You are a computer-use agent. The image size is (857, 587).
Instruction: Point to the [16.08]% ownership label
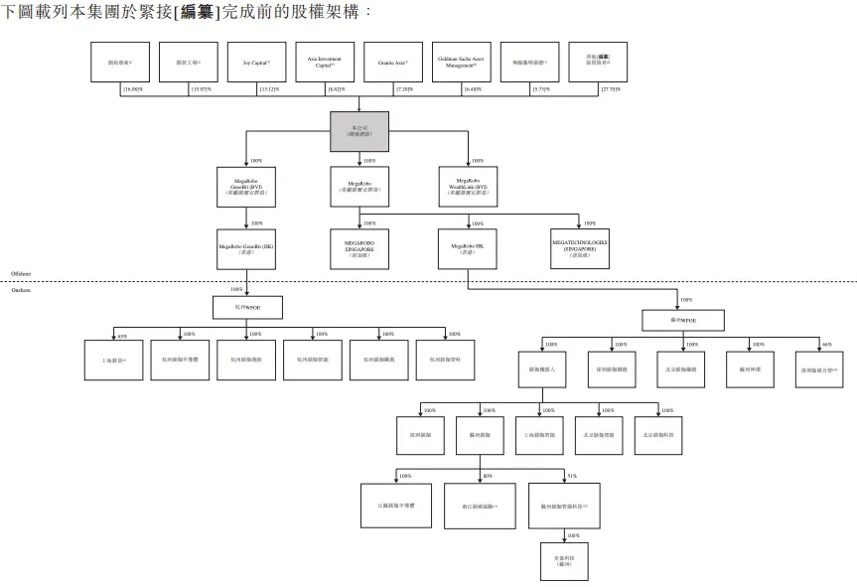point(131,90)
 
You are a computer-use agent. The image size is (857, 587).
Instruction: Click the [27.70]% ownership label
point(611,90)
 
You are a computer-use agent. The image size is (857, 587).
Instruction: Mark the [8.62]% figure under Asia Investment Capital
point(338,90)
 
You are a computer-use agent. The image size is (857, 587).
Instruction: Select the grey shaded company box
point(358,131)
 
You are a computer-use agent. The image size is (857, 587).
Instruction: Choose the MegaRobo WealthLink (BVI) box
point(468,187)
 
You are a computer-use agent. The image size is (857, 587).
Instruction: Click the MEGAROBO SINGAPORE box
point(358,246)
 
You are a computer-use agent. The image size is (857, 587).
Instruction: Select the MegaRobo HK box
point(467,246)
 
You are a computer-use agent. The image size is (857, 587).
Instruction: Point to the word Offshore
point(21,272)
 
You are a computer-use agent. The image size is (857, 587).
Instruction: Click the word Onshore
point(21,290)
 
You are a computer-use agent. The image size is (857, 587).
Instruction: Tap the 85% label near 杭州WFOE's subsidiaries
point(122,335)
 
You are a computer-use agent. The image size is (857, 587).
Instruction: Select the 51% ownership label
point(572,476)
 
